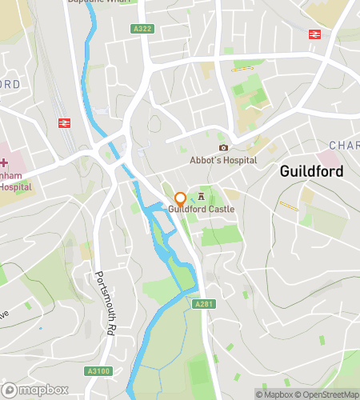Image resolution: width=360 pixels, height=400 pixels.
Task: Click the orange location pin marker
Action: [x=180, y=198]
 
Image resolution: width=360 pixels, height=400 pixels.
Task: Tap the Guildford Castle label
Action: [x=201, y=210]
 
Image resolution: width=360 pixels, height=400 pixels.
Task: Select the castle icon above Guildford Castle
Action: [x=201, y=196]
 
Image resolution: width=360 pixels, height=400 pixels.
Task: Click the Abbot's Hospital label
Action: [x=223, y=160]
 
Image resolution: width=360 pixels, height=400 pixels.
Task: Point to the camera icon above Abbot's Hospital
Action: [x=223, y=147]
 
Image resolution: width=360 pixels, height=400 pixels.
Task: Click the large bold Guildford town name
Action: [x=311, y=172]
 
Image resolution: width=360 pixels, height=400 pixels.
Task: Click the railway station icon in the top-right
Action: [x=314, y=34]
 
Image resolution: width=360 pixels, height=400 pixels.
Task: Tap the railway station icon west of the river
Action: [x=64, y=122]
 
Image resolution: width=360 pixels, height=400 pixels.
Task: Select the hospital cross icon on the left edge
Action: [x=4, y=162]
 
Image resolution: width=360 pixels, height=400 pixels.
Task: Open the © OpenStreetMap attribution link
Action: [x=330, y=394]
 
